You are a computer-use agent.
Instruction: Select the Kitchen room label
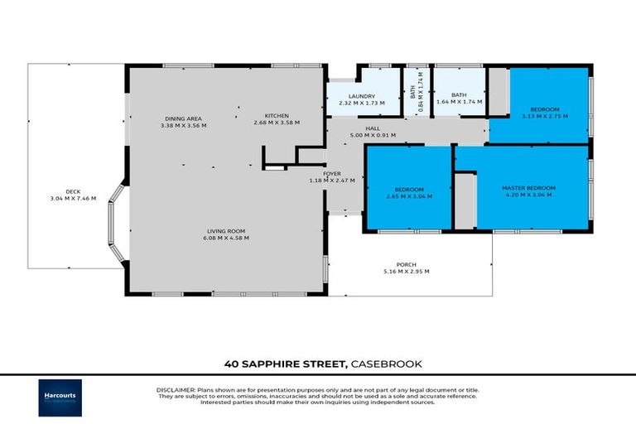(276, 115)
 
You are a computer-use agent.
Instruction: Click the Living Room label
(226, 231)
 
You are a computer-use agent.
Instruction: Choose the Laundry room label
(363, 96)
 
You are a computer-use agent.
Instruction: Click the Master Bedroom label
(528, 188)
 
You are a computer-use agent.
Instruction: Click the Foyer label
(331, 174)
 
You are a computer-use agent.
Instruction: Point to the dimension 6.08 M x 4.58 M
(226, 238)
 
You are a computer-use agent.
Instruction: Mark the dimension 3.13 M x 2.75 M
(544, 116)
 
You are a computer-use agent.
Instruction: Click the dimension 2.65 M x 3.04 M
(409, 195)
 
